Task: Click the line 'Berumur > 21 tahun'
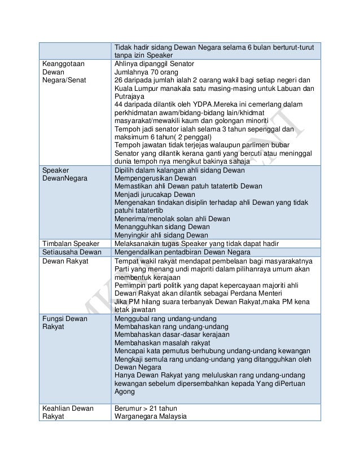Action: [145, 408]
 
